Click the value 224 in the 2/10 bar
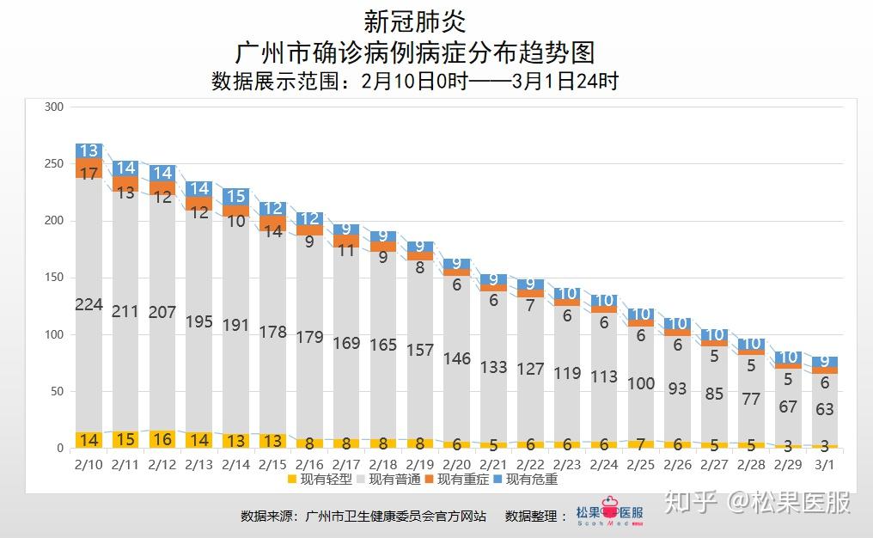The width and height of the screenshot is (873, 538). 89,304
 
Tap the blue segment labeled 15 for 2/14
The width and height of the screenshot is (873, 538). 235,196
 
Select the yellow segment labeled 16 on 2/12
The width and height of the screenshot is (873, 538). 162,439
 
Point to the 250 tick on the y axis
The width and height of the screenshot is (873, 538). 54,164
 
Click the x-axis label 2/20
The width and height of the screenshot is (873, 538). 456,465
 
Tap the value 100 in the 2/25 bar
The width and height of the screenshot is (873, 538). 640,383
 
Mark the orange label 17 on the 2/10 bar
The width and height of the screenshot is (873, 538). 89,173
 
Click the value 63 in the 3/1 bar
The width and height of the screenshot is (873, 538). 824,409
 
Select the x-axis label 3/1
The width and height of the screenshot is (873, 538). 824,465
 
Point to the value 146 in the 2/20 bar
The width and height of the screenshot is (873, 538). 456,358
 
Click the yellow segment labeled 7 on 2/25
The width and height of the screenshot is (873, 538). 640,444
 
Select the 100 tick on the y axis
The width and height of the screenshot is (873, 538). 54,334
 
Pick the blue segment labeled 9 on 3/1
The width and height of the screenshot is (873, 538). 824,362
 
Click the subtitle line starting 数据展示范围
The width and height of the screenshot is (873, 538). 415,82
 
